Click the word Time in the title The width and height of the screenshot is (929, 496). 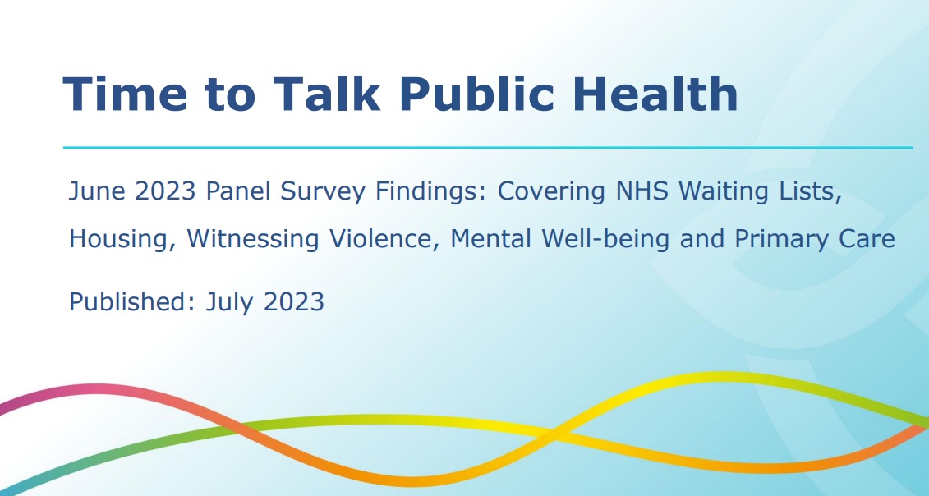[x=125, y=94]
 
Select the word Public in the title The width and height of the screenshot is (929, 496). [x=477, y=94]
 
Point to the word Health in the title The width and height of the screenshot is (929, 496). [x=655, y=94]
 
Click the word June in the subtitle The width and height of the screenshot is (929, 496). [x=97, y=191]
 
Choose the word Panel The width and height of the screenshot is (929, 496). [x=239, y=191]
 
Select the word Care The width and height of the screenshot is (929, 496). [x=867, y=239]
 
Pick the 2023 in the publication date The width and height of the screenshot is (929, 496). [x=294, y=301]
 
